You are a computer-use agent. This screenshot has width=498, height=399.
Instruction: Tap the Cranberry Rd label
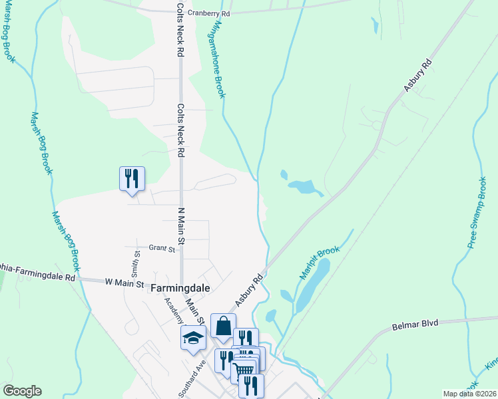[208, 13]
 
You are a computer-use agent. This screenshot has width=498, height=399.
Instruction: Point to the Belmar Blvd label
[416, 323]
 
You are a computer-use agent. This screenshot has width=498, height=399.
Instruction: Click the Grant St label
[161, 249]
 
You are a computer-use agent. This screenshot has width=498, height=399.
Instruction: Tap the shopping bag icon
[223, 326]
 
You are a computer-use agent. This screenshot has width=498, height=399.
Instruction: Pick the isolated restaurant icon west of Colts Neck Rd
[132, 178]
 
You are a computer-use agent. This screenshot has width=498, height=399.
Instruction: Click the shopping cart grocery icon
[245, 370]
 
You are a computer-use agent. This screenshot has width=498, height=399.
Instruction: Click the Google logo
[22, 391]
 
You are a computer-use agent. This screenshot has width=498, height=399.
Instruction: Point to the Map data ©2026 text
[469, 394]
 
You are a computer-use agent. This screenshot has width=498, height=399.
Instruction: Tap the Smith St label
[135, 263]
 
